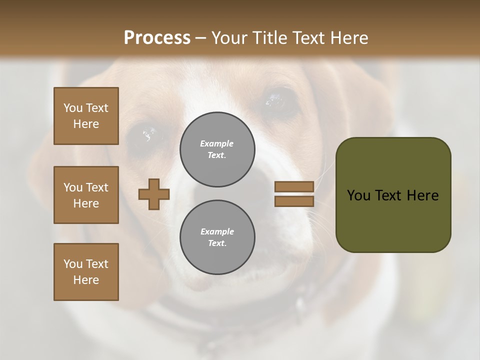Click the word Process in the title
click(x=157, y=38)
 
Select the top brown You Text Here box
click(x=86, y=116)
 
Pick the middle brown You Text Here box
click(x=86, y=195)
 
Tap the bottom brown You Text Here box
click(x=86, y=272)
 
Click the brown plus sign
click(x=154, y=194)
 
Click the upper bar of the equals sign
click(x=294, y=186)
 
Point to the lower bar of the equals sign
click(x=294, y=201)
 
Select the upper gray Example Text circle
click(x=217, y=149)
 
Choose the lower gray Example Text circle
click(x=217, y=237)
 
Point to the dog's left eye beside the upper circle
click(x=148, y=134)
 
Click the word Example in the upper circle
click(x=217, y=143)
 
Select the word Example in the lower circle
click(x=217, y=231)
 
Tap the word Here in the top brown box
click(x=86, y=124)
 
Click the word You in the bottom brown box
click(x=72, y=264)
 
